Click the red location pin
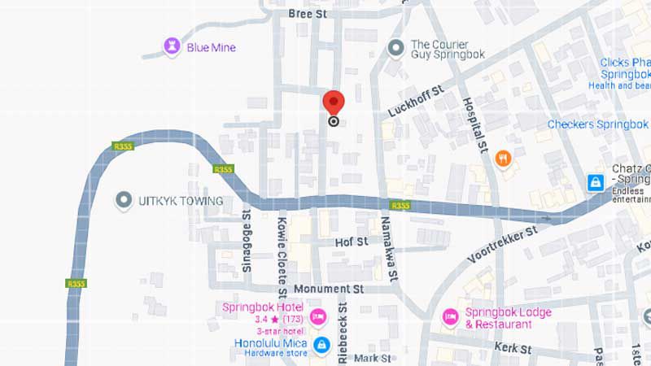(334, 103)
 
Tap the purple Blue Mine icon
(172, 46)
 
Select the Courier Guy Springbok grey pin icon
(396, 49)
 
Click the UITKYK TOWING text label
(181, 200)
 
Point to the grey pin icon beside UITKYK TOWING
(125, 199)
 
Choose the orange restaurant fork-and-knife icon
(503, 158)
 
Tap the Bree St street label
(308, 14)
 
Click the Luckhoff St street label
(416, 101)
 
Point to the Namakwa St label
(388, 255)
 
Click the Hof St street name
(352, 242)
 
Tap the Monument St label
(328, 289)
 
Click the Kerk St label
(514, 347)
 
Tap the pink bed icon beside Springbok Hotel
(318, 316)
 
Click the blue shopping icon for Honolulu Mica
(321, 345)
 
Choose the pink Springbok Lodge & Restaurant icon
(450, 316)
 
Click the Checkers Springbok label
(597, 124)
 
